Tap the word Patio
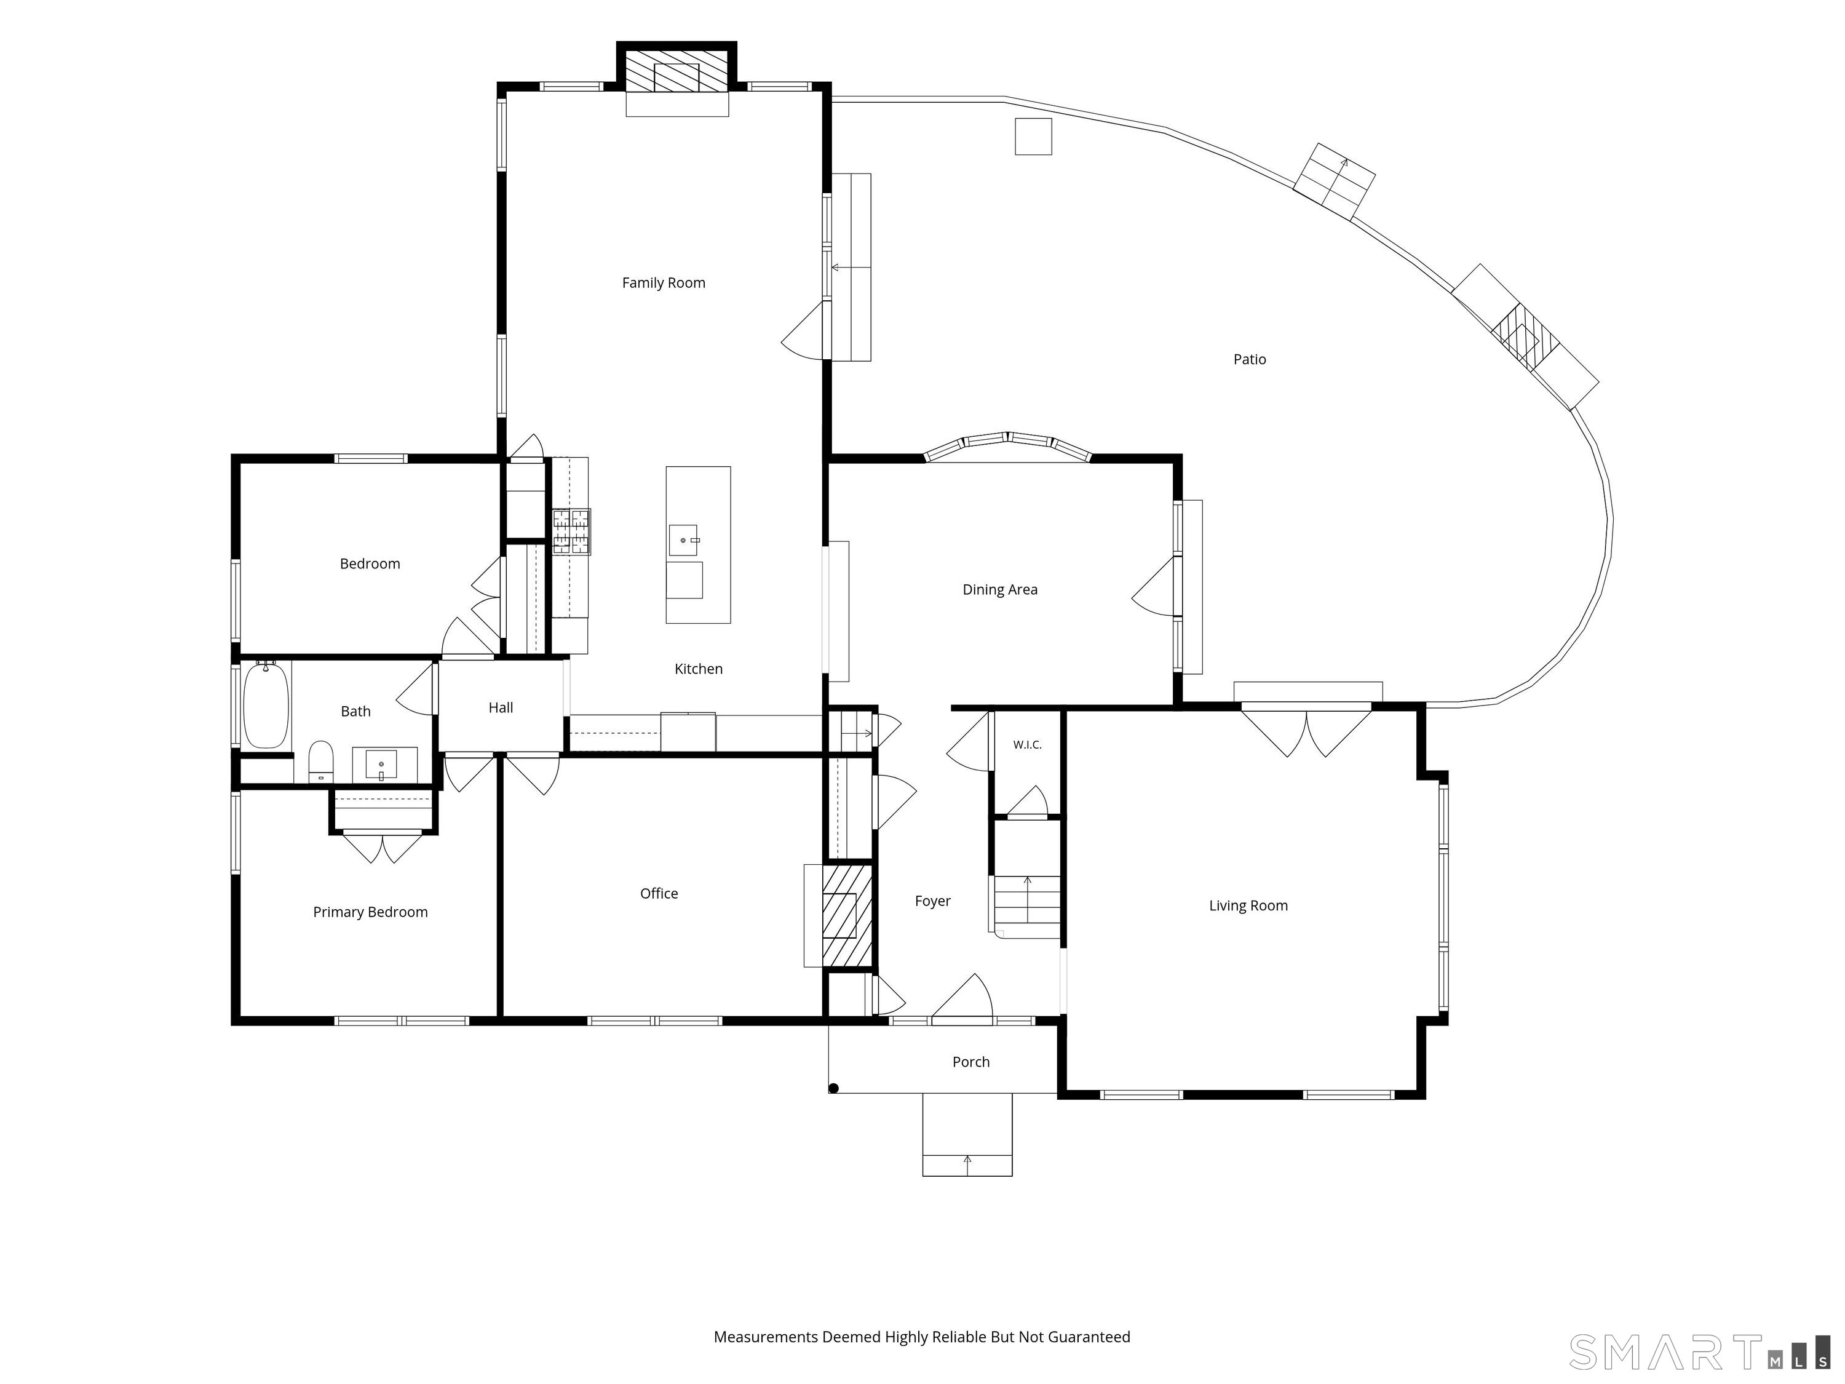(x=1250, y=360)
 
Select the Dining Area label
(x=1000, y=590)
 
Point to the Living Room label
(x=1248, y=906)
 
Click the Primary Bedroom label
(x=370, y=913)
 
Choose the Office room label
(x=659, y=894)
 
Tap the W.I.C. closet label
(x=1028, y=745)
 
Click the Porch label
(x=971, y=1062)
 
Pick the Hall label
(x=501, y=707)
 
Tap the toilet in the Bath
(x=321, y=762)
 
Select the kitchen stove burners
(x=571, y=531)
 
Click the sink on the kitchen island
(x=684, y=541)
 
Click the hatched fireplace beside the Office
(x=847, y=916)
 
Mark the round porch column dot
(x=833, y=1088)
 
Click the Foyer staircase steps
(x=1027, y=906)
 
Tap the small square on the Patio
(x=1033, y=136)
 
